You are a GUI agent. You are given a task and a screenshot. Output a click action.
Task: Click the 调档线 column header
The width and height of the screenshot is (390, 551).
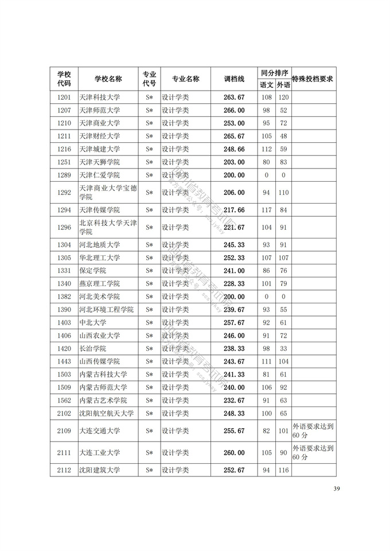(x=234, y=79)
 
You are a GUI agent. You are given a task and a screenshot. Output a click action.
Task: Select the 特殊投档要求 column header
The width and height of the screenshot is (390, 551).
(x=313, y=79)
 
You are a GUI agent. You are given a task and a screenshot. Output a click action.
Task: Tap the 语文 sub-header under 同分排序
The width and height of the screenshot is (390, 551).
(x=267, y=85)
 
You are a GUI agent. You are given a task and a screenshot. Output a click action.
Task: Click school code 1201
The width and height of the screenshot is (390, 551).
(x=64, y=97)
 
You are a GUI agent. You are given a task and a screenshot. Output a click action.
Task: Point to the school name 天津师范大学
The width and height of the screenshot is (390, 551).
(x=99, y=110)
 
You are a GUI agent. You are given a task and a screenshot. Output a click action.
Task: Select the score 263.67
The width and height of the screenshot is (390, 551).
(x=234, y=97)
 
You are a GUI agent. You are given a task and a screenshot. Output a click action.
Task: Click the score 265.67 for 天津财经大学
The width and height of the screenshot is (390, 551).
(x=234, y=136)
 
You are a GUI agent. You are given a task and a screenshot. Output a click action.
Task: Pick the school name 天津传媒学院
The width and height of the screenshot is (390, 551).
(x=99, y=210)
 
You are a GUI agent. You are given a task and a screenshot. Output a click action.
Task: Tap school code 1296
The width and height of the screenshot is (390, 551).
(x=64, y=228)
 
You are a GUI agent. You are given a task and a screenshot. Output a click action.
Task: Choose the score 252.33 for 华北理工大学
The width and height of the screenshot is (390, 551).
(x=234, y=257)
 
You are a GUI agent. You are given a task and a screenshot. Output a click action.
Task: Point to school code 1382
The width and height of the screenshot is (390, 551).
(x=64, y=296)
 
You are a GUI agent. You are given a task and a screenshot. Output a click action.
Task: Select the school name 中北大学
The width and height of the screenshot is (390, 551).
(x=92, y=323)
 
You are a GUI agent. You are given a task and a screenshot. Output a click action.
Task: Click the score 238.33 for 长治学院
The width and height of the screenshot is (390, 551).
(x=234, y=349)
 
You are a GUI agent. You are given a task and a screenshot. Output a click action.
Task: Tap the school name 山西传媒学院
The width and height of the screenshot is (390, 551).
(x=99, y=361)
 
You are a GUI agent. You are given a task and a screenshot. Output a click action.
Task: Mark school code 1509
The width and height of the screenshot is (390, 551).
(x=64, y=388)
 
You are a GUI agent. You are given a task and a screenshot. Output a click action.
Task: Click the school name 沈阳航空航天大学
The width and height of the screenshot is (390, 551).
(x=106, y=413)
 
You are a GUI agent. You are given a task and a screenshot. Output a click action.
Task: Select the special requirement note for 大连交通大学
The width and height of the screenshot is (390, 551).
(x=313, y=431)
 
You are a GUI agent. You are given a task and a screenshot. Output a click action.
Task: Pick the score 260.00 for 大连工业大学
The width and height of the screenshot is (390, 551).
(x=234, y=453)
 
